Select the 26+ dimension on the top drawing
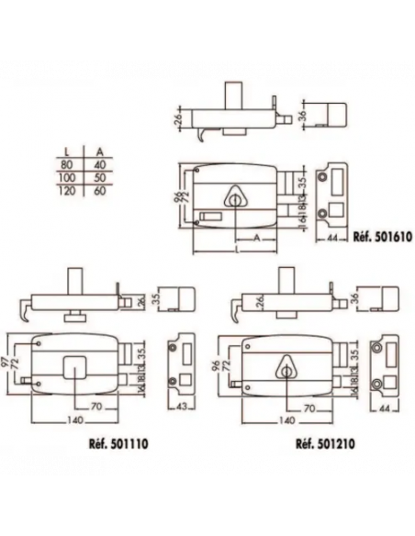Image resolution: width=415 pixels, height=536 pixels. [178, 117]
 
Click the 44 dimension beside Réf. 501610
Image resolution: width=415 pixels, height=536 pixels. [330, 238]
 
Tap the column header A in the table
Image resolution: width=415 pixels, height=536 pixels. [99, 151]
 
